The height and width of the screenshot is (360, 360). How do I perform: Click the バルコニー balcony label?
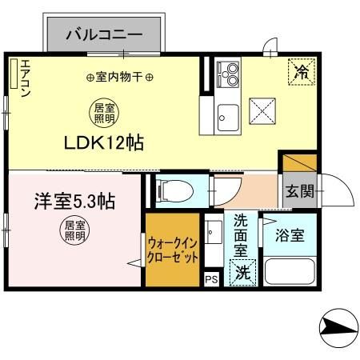pos(104,34)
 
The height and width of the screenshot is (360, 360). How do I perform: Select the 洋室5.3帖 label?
pos(74,200)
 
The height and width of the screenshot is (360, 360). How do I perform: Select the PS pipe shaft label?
pos(211,279)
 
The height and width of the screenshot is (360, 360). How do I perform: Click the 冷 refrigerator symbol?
pos(302,73)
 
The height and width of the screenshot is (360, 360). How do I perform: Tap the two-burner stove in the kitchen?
pos(227,75)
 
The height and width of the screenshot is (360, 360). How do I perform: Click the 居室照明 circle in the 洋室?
pos(75,230)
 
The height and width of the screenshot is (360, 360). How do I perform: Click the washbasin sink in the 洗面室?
pos(214,234)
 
